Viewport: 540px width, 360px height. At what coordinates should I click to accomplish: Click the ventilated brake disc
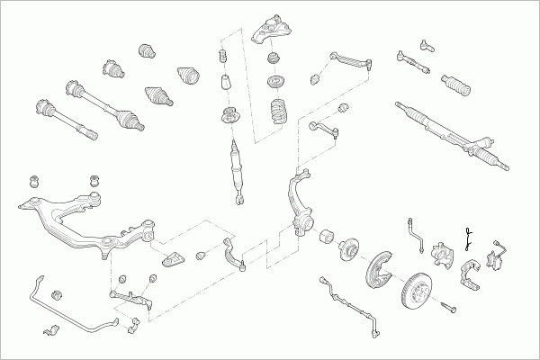coord(415,292)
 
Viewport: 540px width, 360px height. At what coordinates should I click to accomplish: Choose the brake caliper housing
coord(444,256)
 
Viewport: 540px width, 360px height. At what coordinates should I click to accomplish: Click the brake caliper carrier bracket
coord(471,274)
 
